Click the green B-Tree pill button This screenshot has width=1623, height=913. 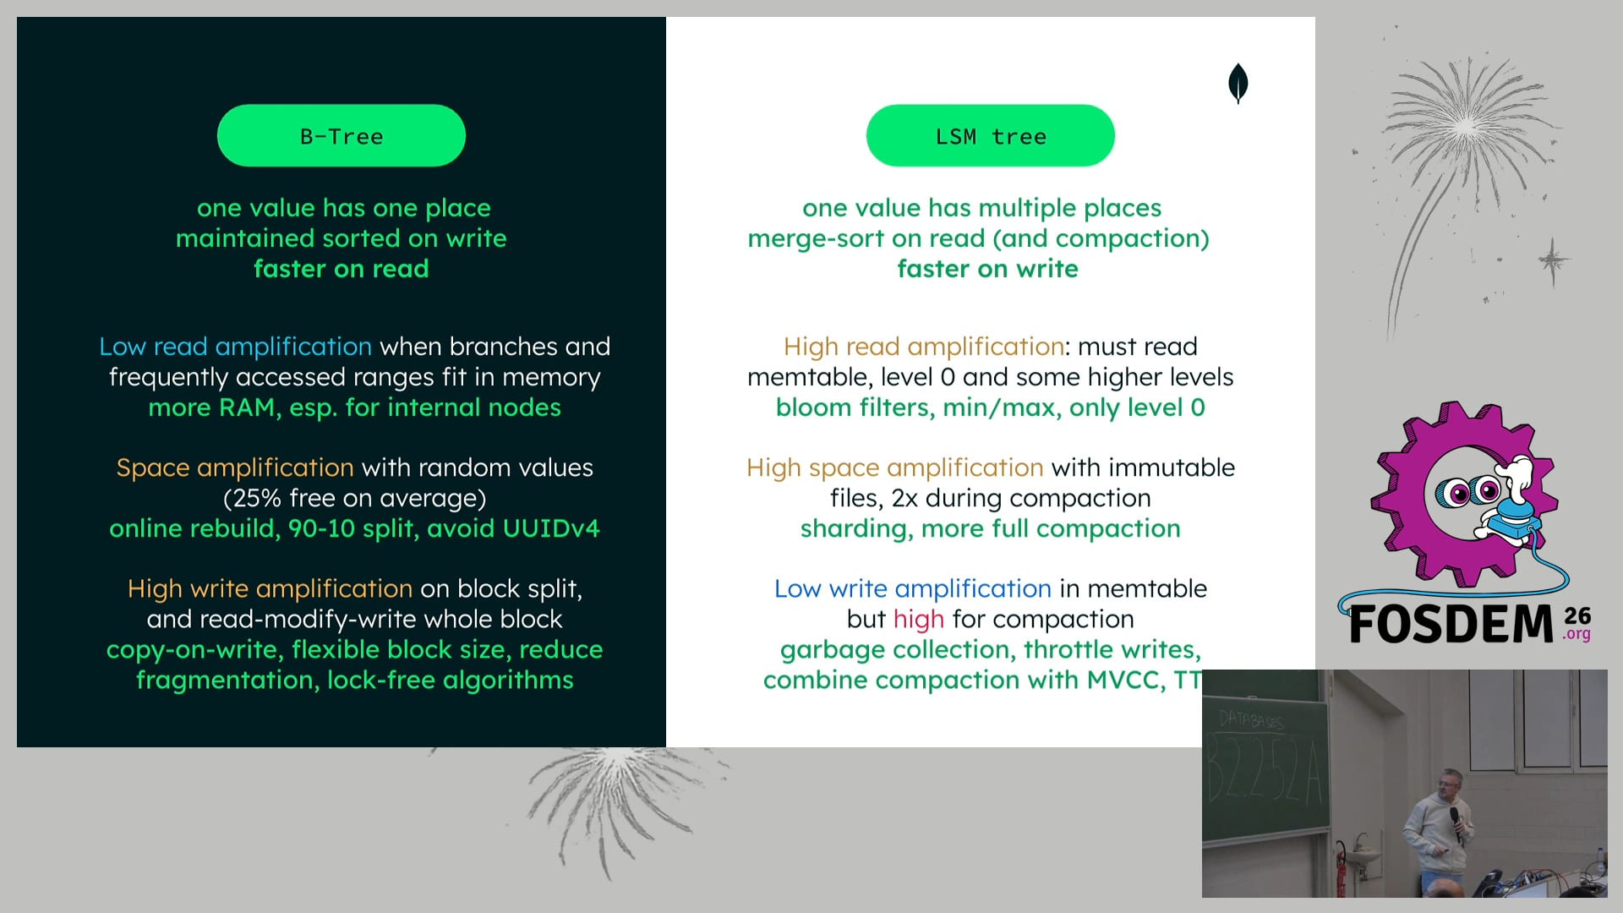click(x=342, y=135)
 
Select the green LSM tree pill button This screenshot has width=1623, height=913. click(x=991, y=135)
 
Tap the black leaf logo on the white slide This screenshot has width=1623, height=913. click(x=1238, y=83)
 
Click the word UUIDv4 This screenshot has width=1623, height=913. click(x=551, y=528)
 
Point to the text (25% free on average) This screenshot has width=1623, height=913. click(x=355, y=498)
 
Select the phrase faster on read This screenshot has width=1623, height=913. click(x=342, y=269)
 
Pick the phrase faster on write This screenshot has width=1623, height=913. click(x=988, y=269)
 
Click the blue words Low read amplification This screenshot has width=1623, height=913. click(x=235, y=347)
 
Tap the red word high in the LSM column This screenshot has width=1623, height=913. click(x=919, y=620)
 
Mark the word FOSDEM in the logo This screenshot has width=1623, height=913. click(x=1451, y=626)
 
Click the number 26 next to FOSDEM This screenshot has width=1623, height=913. click(x=1577, y=615)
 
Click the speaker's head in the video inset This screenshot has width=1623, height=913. click(x=1450, y=785)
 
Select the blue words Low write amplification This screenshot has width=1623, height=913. click(x=913, y=589)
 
